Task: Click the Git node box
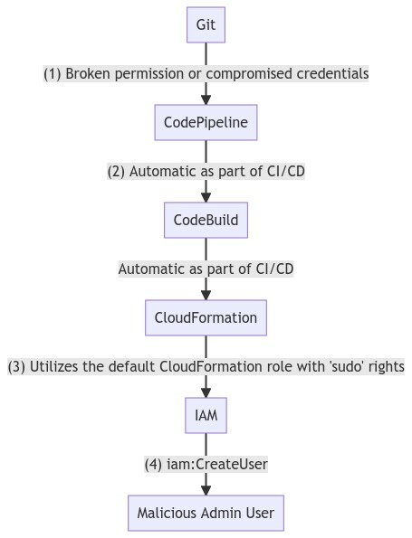[206, 25]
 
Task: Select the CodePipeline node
[206, 123]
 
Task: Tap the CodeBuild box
[206, 221]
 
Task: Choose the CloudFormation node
[206, 318]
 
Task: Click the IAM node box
[206, 416]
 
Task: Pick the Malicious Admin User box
[206, 514]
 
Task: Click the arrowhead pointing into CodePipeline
[206, 100]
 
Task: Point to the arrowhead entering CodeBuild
[206, 198]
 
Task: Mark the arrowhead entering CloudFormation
[206, 296]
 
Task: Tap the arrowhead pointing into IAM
[206, 393]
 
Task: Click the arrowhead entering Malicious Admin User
[206, 491]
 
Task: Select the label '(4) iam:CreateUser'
[206, 465]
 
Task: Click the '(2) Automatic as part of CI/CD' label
[206, 172]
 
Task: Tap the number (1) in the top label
[53, 74]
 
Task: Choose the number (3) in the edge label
[16, 367]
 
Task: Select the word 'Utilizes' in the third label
[55, 367]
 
